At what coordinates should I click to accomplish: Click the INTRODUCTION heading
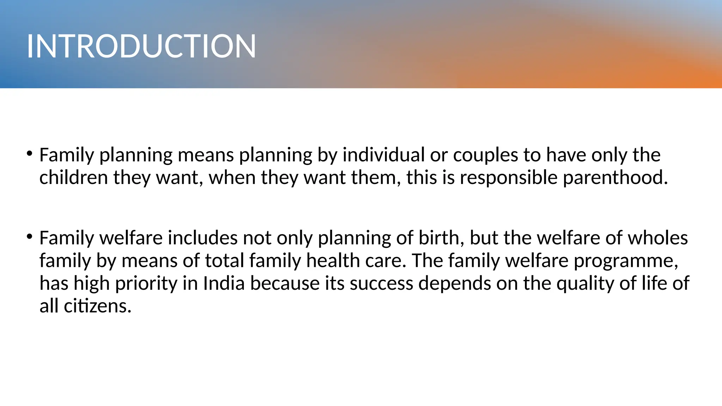[141, 46]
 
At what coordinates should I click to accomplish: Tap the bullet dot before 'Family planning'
[30, 153]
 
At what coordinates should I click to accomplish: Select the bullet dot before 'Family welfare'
[30, 236]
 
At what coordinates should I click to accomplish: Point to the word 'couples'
[485, 155]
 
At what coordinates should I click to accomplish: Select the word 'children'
[73, 177]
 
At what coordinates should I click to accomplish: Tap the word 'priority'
[146, 284]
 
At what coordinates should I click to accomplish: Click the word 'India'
[224, 283]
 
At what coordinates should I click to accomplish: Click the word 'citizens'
[97, 306]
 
